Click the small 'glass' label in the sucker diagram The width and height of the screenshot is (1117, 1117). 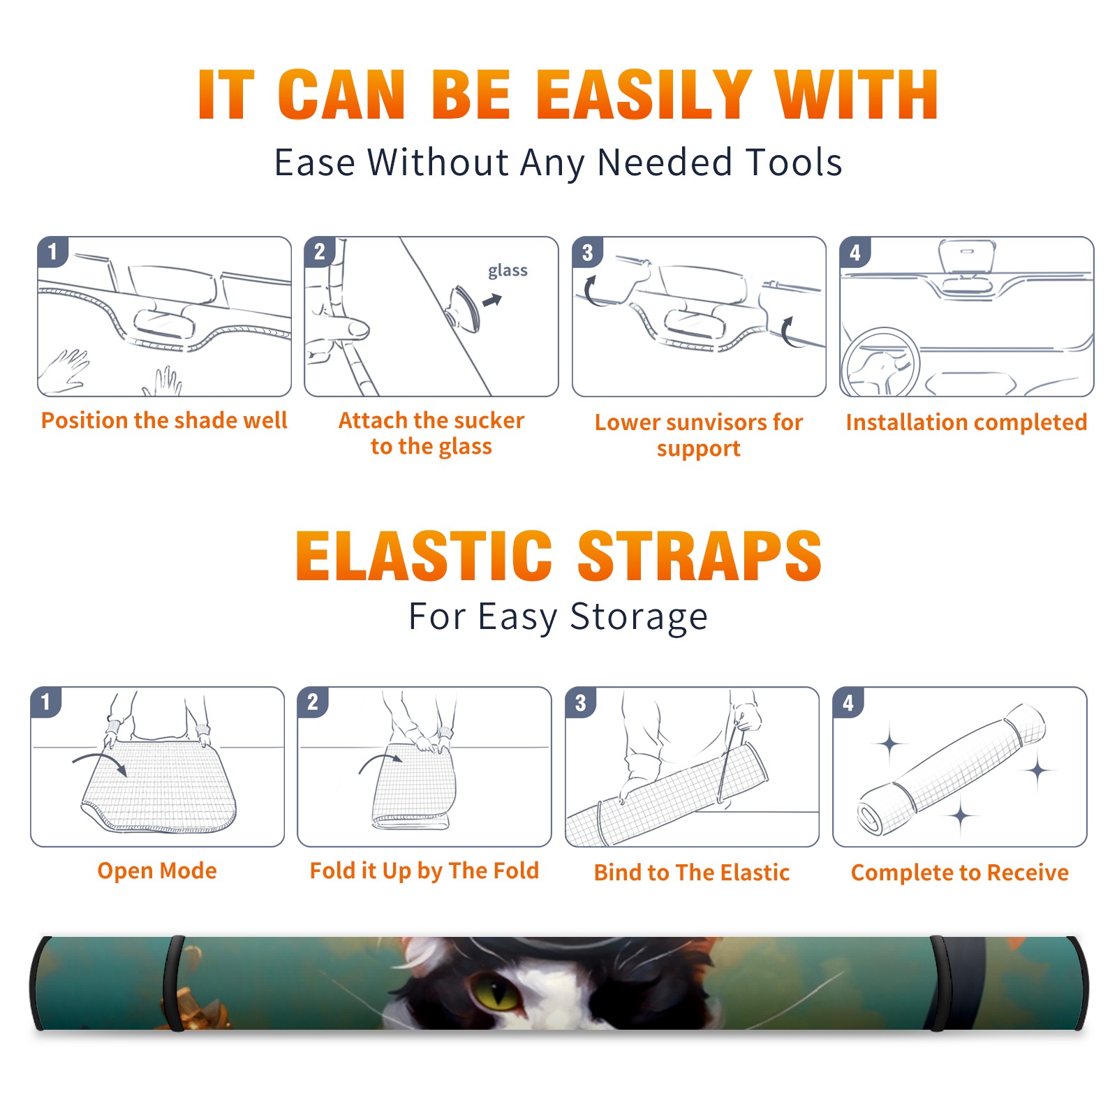508,271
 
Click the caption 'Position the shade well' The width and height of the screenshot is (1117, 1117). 164,420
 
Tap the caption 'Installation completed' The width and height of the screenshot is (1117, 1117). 966,422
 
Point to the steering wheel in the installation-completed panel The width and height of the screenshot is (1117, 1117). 880,362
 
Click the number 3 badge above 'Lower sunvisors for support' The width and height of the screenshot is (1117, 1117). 587,252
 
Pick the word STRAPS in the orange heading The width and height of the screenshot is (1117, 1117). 700,556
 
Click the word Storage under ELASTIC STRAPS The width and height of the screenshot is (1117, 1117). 639,617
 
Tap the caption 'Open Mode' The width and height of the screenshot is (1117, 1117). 157,871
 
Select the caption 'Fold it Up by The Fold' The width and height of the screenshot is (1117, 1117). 424,871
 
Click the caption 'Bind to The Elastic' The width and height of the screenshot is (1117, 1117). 692,873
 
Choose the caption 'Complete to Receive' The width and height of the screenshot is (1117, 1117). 960,873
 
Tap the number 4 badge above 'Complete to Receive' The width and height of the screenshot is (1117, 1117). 848,702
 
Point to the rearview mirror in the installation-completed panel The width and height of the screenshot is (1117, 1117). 967,256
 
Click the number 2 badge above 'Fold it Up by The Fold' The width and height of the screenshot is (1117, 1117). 313,702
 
